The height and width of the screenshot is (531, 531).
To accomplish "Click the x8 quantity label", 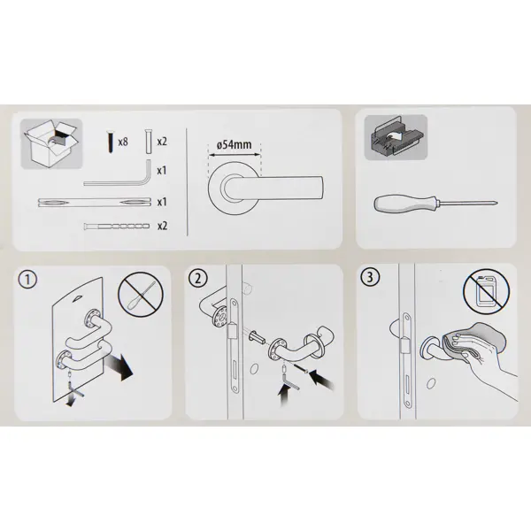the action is click(123, 142).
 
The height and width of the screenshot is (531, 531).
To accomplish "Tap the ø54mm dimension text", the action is click(234, 145).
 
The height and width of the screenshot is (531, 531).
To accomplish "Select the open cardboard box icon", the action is click(51, 143).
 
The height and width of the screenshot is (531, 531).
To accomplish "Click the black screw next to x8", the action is click(111, 141).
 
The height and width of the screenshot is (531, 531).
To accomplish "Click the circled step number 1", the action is click(27, 280).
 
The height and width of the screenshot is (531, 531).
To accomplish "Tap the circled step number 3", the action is click(370, 277).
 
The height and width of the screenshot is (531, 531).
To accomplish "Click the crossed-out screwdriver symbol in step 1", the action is click(141, 294).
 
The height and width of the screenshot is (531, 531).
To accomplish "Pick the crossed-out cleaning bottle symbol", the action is click(486, 290).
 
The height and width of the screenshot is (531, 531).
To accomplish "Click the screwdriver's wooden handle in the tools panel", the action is click(404, 204).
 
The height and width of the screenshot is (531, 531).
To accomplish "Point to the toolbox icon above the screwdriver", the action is click(396, 137).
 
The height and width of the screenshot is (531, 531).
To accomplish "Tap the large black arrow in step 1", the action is click(119, 366).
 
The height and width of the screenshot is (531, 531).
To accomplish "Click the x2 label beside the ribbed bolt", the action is click(162, 226).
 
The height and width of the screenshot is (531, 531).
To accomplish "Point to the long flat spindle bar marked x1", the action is click(95, 203).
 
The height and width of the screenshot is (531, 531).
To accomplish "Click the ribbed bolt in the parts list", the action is click(117, 226).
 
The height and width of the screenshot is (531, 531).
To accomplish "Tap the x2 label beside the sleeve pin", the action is click(162, 142).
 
